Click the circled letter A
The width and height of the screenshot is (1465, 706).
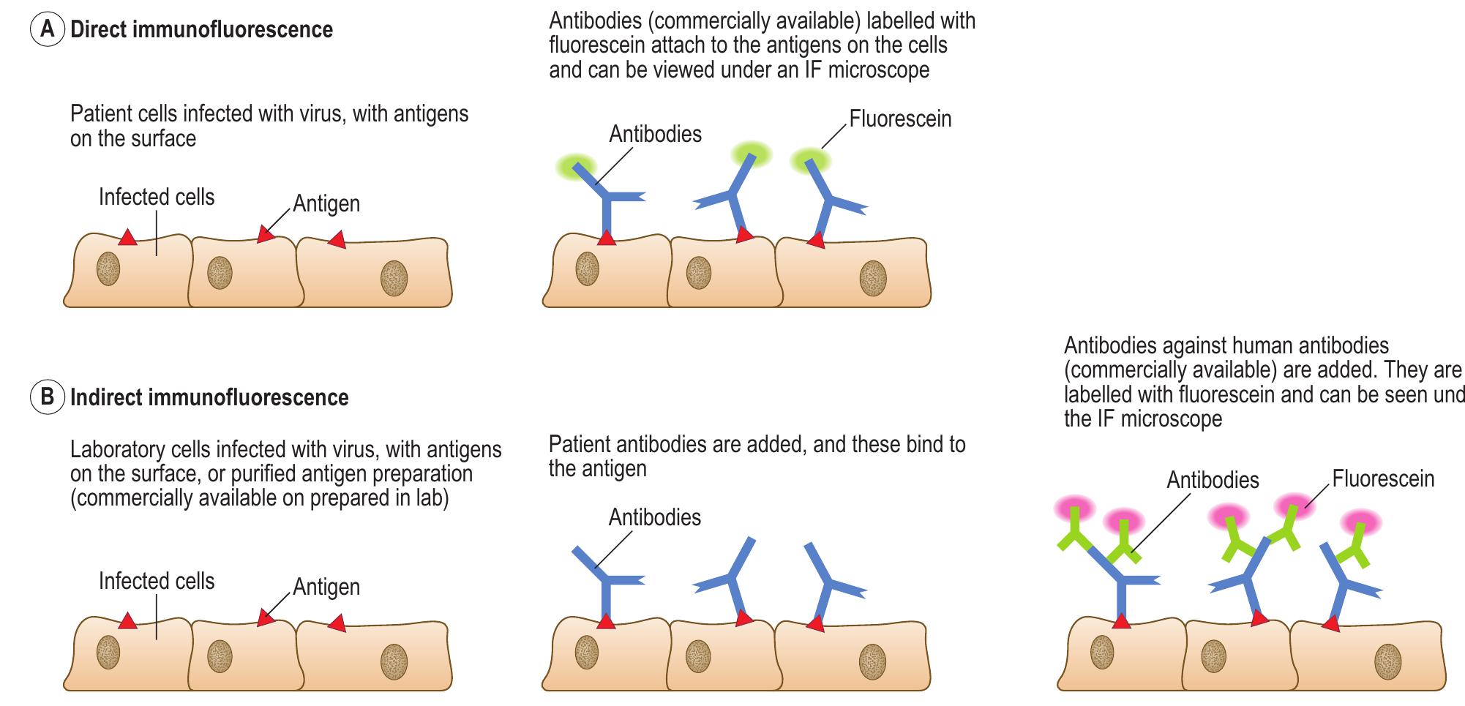click(x=47, y=30)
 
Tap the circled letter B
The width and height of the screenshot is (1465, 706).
click(x=47, y=398)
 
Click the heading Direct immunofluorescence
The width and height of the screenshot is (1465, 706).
click(x=201, y=30)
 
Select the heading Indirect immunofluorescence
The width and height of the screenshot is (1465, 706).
click(x=209, y=398)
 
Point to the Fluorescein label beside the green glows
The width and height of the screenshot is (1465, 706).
click(x=900, y=119)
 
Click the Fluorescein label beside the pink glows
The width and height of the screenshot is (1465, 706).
click(x=1383, y=479)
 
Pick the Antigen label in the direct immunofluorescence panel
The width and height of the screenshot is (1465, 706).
click(x=326, y=203)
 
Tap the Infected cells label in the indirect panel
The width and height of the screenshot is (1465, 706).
click(x=157, y=582)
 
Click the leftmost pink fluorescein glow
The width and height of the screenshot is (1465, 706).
click(x=1074, y=507)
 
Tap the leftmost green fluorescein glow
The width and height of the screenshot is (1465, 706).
click(x=575, y=165)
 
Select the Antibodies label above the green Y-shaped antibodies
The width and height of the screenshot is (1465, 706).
click(x=1213, y=480)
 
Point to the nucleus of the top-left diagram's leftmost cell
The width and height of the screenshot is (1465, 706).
click(x=108, y=268)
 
